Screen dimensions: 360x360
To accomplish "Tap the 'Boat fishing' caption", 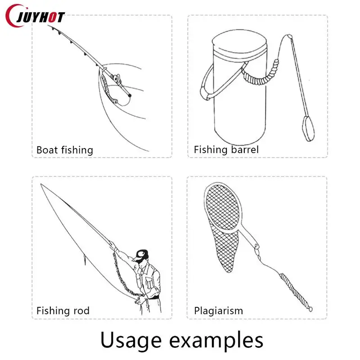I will click(x=64, y=150).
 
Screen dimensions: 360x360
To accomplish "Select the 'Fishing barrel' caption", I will click(x=226, y=149).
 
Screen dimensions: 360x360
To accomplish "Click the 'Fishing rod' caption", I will click(x=63, y=310).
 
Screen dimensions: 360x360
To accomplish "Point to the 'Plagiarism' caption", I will click(x=218, y=310).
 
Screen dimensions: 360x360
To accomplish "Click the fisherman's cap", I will click(x=142, y=252).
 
